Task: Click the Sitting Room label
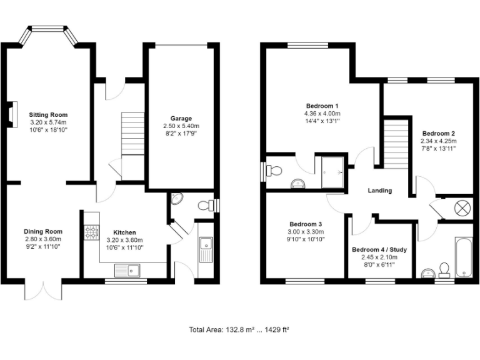click(x=48, y=115)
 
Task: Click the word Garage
click(x=181, y=118)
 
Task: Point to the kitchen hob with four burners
click(x=91, y=233)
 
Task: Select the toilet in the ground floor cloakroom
click(x=204, y=205)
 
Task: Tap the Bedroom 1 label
click(x=322, y=106)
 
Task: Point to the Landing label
click(x=380, y=191)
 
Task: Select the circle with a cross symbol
click(x=463, y=208)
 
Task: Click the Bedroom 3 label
click(x=306, y=224)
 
